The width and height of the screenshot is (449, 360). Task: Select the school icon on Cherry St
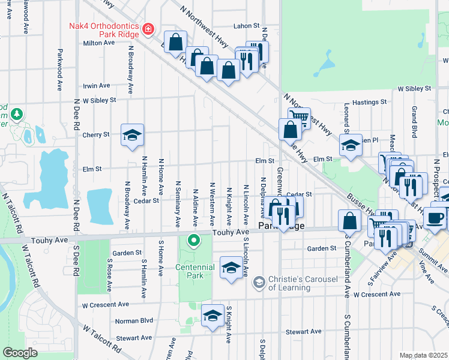pyautogui.click(x=133, y=134)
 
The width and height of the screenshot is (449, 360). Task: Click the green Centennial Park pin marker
pyautogui.click(x=193, y=242)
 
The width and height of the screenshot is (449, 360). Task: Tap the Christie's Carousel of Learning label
pyautogui.click(x=289, y=283)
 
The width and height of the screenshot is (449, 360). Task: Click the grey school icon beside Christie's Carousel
pyautogui.click(x=259, y=282)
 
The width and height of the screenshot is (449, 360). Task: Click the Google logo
pyautogui.click(x=20, y=353)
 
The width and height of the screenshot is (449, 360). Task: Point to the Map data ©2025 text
pyautogui.click(x=423, y=355)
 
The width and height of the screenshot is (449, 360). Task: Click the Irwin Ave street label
pyautogui.click(x=97, y=86)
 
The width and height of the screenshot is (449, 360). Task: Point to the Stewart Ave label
pyautogui.click(x=304, y=331)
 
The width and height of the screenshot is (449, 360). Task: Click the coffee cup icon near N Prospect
pyautogui.click(x=437, y=217)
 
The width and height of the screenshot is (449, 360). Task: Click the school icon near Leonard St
pyautogui.click(x=351, y=145)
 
